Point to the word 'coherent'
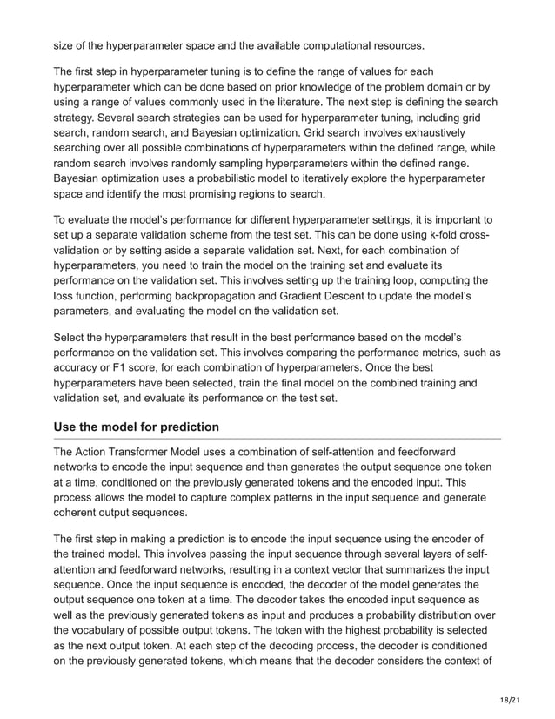click(81, 513)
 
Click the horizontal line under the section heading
click(277, 439)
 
